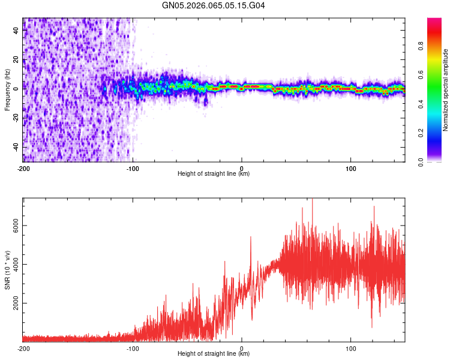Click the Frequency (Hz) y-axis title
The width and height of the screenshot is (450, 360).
pyautogui.click(x=7, y=90)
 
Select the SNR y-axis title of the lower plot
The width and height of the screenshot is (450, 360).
pyautogui.click(x=7, y=269)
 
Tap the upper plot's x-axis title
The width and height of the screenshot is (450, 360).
pyautogui.click(x=214, y=174)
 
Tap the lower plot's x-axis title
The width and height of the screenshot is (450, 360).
pyautogui.click(x=214, y=353)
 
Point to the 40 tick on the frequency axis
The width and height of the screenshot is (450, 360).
pyautogui.click(x=17, y=31)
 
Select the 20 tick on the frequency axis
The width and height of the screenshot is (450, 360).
pyautogui.click(x=17, y=60)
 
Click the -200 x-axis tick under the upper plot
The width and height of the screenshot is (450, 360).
pyautogui.click(x=23, y=167)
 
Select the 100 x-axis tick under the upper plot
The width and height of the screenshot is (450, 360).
pyautogui.click(x=351, y=167)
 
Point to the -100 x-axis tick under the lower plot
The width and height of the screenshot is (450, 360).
pyautogui.click(x=133, y=347)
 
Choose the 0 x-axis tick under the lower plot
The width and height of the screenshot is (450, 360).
pyautogui.click(x=242, y=347)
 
